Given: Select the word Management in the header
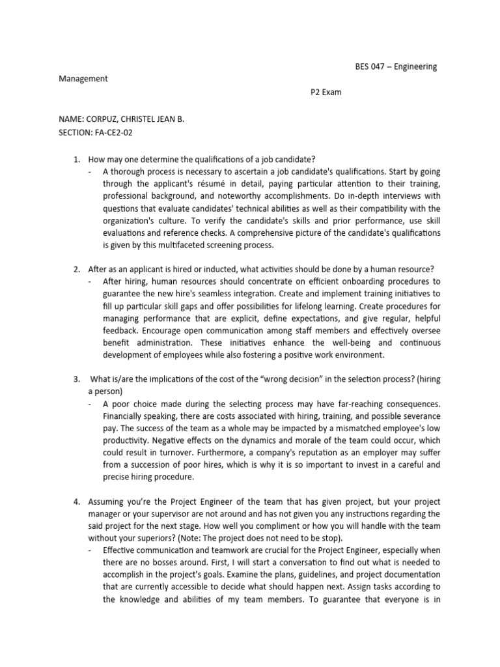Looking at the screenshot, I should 83,79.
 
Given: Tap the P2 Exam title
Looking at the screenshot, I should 326,92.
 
